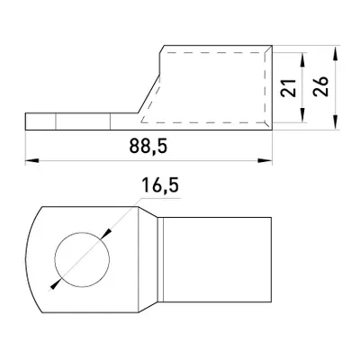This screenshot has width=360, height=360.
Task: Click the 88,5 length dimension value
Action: pos(148,147)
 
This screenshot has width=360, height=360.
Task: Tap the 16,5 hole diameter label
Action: pos(160,185)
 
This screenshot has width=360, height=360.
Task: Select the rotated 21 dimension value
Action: pos(288,88)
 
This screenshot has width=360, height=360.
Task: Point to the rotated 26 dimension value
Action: pos(320,86)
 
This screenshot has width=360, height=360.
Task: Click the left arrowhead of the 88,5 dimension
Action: pos(32,161)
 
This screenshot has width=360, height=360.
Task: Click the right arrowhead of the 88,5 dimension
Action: pos(265,161)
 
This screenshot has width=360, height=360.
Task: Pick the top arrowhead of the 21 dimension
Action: pos(303,59)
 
